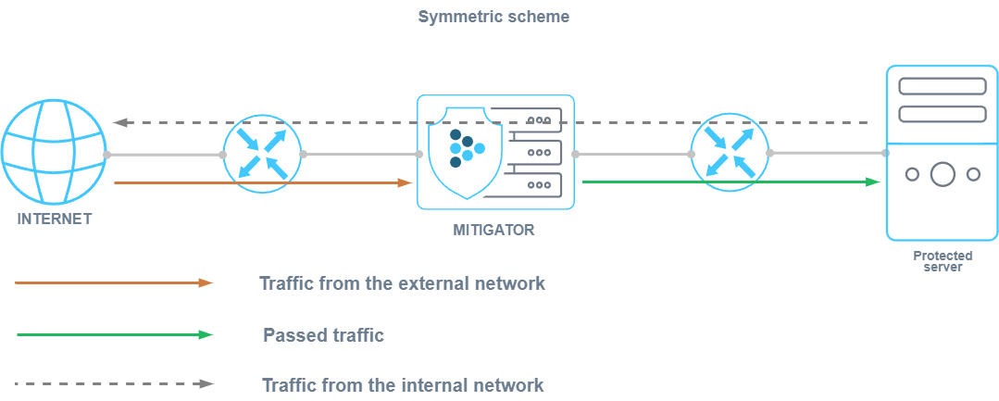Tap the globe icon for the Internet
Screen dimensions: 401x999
(53, 154)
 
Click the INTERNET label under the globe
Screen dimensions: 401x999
(55, 219)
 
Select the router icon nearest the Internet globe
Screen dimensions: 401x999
(263, 154)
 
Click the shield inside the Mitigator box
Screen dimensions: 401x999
(468, 153)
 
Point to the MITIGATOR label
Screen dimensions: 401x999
(494, 230)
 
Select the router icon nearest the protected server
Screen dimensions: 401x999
(731, 154)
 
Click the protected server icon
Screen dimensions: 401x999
(941, 153)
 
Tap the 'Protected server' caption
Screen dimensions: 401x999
(941, 260)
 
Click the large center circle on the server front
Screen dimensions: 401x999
(942, 173)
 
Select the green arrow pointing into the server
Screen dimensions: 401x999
(731, 182)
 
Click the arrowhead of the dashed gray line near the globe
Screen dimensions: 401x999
(119, 122)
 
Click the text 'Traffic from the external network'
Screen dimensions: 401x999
(402, 283)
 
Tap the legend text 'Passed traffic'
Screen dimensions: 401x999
(323, 334)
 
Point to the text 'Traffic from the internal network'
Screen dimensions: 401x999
(403, 384)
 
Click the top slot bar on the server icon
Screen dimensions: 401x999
(942, 86)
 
